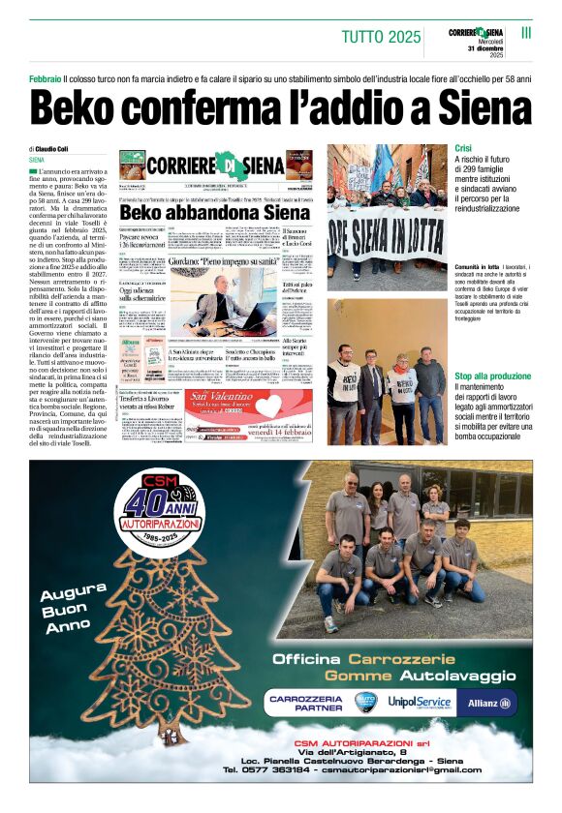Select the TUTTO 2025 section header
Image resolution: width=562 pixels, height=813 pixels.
[x=381, y=38]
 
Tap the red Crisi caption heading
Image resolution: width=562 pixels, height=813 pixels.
[x=463, y=148]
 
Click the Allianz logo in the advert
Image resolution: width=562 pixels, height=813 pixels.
[x=492, y=702]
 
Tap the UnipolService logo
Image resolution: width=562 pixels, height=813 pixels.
[x=420, y=702]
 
